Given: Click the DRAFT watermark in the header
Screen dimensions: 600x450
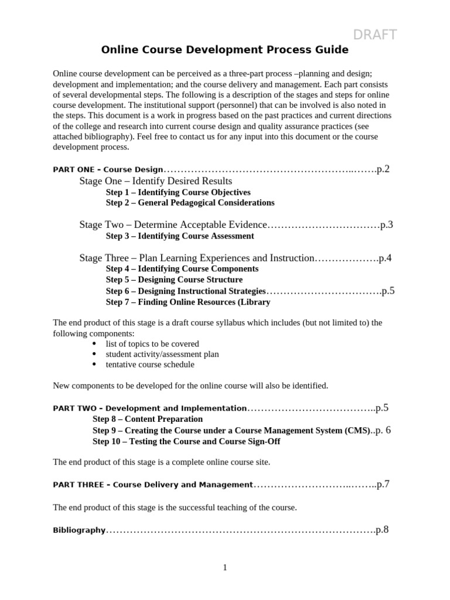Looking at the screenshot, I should click(374, 35).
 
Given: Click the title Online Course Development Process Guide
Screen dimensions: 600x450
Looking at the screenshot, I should click(225, 50).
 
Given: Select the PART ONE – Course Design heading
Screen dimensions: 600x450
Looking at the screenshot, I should click(108, 170).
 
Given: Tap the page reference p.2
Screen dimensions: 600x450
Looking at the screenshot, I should click(383, 169).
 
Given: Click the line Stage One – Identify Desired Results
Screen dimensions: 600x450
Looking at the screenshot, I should click(156, 181).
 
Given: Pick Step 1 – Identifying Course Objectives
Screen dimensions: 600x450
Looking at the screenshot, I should click(178, 192).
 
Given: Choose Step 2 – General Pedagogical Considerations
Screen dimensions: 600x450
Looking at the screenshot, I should click(190, 203).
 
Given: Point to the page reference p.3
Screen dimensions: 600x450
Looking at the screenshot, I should click(386, 224).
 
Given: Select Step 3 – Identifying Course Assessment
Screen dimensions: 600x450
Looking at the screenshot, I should click(180, 236).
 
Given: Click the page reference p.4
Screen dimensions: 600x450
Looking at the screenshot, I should click(385, 258).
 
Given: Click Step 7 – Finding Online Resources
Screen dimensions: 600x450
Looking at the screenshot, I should click(188, 302).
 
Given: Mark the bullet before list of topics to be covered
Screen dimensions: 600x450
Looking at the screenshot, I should click(95, 344).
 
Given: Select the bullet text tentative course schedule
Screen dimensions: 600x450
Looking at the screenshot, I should click(149, 364).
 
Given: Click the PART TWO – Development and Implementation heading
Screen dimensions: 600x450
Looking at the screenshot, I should click(149, 408).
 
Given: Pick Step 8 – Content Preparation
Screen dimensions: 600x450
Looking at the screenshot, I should click(148, 420).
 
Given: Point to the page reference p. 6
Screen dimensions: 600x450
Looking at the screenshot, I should click(383, 430).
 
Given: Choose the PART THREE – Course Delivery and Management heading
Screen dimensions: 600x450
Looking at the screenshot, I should click(152, 485).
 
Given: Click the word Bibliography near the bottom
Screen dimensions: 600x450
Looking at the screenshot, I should click(79, 531).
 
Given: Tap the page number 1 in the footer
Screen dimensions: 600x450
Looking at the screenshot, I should click(224, 568).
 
